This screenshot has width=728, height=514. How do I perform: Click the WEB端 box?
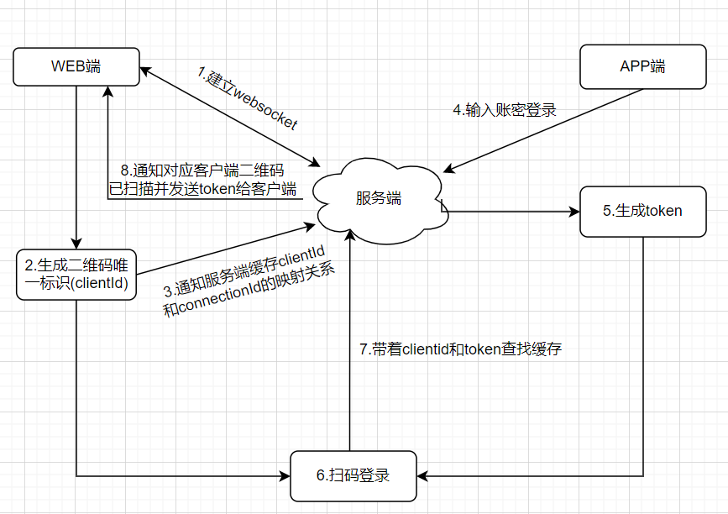click(x=76, y=67)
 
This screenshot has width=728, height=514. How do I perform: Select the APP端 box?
click(x=642, y=67)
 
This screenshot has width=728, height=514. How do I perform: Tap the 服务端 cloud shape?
click(x=379, y=199)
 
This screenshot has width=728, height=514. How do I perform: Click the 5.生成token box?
click(x=642, y=212)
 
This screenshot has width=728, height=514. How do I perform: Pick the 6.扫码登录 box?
click(x=353, y=475)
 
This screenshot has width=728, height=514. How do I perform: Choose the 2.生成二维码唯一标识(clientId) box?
click(x=76, y=274)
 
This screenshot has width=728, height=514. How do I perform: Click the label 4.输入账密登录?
click(x=504, y=109)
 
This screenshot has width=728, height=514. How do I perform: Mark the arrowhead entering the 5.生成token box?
click(x=574, y=212)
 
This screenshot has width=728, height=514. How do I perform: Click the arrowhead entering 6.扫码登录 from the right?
click(x=422, y=476)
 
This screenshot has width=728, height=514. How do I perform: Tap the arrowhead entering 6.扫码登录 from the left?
click(x=285, y=476)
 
